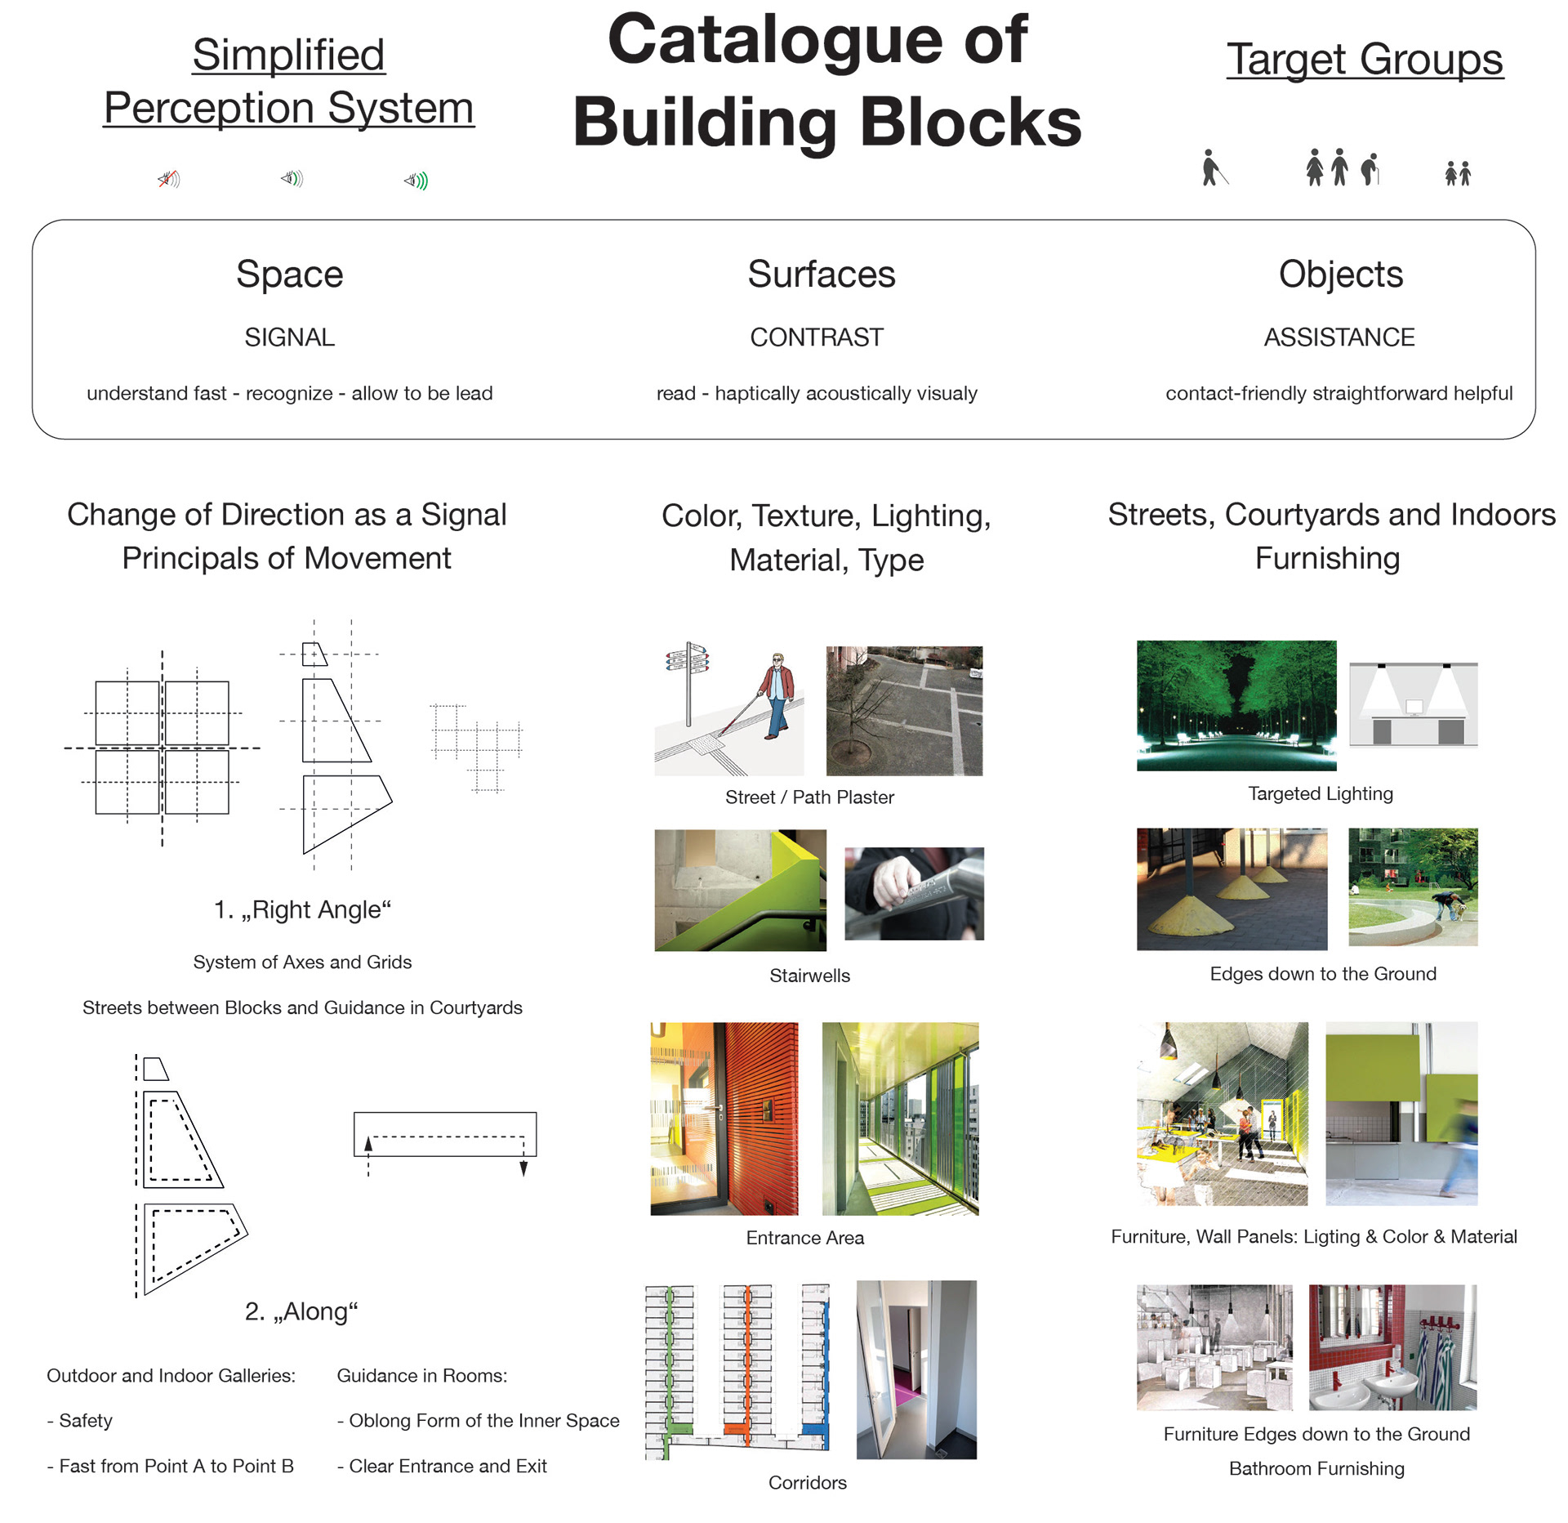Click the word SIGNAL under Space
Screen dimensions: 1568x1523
tap(289, 337)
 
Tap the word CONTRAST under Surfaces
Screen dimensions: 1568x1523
tap(816, 337)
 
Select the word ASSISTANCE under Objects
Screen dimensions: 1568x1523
tap(1339, 337)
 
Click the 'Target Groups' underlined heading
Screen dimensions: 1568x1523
tap(1364, 60)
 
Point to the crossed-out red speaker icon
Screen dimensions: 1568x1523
tap(168, 179)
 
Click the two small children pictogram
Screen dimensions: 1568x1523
tap(1457, 173)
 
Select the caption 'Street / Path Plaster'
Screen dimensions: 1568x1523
tap(809, 797)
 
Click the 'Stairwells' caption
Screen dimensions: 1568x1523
tap(809, 976)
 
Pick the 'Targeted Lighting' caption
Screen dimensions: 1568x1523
tap(1320, 793)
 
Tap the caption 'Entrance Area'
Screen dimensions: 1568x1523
tap(804, 1238)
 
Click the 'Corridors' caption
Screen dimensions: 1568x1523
tap(807, 1483)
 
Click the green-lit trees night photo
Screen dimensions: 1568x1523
tap(1236, 705)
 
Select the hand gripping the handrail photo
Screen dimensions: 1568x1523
tap(913, 893)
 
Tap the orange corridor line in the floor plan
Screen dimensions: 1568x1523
tap(746, 1364)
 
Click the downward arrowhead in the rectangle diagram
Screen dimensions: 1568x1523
tap(523, 1169)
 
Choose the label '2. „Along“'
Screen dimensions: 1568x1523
tap(301, 1311)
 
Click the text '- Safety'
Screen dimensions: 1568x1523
tap(80, 1421)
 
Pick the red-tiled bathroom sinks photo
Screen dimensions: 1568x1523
tap(1392, 1347)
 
